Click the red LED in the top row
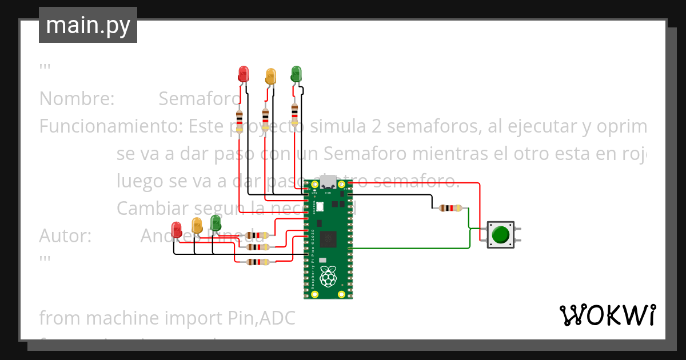244,73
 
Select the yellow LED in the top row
270,75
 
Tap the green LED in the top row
296,73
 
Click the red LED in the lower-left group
177,230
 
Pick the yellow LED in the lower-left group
197,225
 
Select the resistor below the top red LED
240,121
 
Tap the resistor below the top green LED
294,114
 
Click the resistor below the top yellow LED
265,119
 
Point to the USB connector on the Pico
328,183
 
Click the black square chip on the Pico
328,240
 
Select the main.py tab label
88,25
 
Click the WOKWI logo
607,315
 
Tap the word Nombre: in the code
77,99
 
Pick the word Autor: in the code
65,236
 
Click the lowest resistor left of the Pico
257,262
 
